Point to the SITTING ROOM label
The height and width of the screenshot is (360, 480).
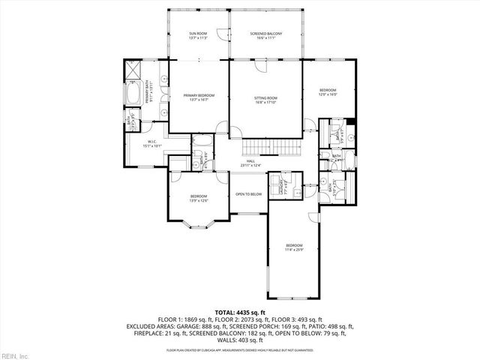tap(266, 100)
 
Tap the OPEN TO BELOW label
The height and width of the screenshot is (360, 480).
tap(248, 193)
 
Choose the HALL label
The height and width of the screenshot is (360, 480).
tap(247, 163)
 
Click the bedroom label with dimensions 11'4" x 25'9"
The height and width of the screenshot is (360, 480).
tap(294, 247)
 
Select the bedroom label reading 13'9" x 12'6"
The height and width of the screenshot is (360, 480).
tap(198, 198)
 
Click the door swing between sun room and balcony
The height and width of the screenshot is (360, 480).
tap(223, 36)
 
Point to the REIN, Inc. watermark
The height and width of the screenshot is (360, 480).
tap(15, 353)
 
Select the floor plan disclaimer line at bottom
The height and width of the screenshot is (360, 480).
tap(240, 350)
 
